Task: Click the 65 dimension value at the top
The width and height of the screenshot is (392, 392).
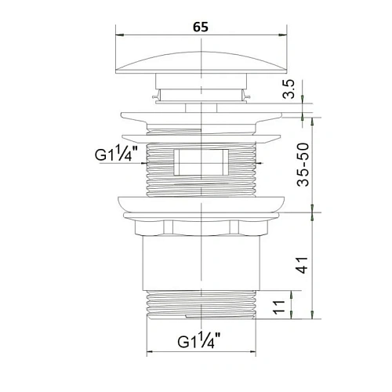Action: (201, 27)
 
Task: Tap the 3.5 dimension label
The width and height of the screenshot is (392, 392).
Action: (289, 89)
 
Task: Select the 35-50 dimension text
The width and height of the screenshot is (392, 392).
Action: (303, 165)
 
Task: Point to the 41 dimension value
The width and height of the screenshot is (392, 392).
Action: (303, 265)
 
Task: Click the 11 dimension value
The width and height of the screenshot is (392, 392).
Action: (278, 307)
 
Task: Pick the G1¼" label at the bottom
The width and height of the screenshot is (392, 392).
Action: (199, 339)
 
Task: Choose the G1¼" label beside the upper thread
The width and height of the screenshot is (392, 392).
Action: (116, 154)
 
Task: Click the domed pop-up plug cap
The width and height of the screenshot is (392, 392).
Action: (201, 62)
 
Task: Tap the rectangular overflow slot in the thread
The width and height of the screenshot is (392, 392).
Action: (201, 162)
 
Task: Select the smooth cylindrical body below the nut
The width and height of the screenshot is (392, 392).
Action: (201, 263)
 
